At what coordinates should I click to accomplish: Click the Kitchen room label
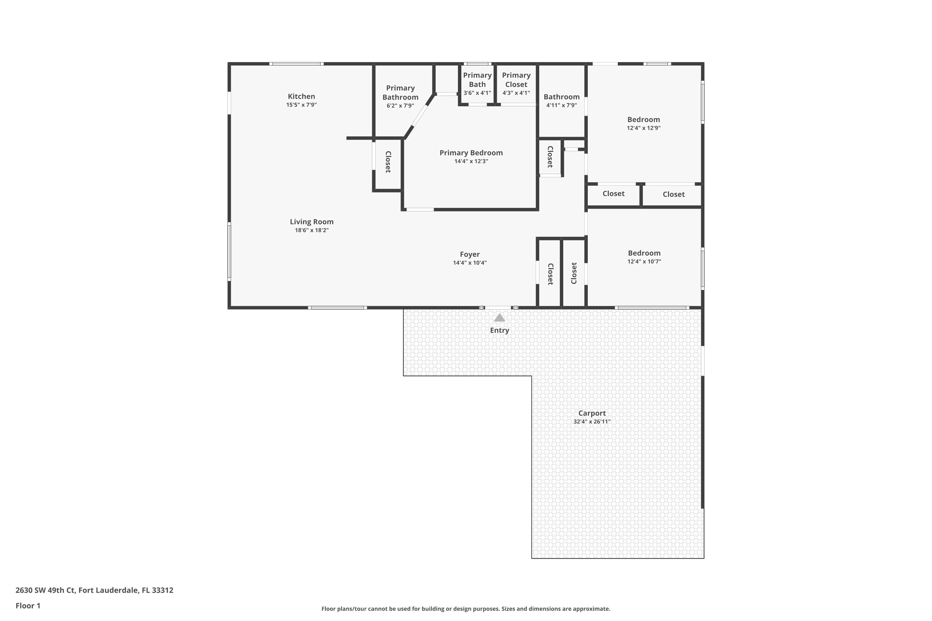coord(301,96)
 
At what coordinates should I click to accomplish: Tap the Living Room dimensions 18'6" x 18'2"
coord(312,230)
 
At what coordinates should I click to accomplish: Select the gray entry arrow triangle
coord(499,318)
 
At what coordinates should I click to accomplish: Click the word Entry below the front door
coord(499,330)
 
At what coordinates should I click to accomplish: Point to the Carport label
coord(592,413)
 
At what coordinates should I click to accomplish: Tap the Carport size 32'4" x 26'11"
coord(592,422)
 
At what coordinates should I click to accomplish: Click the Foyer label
coord(469,254)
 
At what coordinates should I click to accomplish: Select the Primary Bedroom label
coord(471,153)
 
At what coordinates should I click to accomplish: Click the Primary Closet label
coord(516,79)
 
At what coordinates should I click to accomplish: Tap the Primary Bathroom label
coord(400,92)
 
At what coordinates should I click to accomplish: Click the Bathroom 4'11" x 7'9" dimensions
coord(561,105)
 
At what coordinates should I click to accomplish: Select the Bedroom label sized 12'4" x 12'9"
coord(643,120)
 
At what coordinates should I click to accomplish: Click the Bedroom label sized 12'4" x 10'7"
coord(644,253)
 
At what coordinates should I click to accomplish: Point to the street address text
coord(94,590)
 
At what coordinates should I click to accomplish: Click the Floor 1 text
coord(28,605)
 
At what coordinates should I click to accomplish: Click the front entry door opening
coord(498,308)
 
